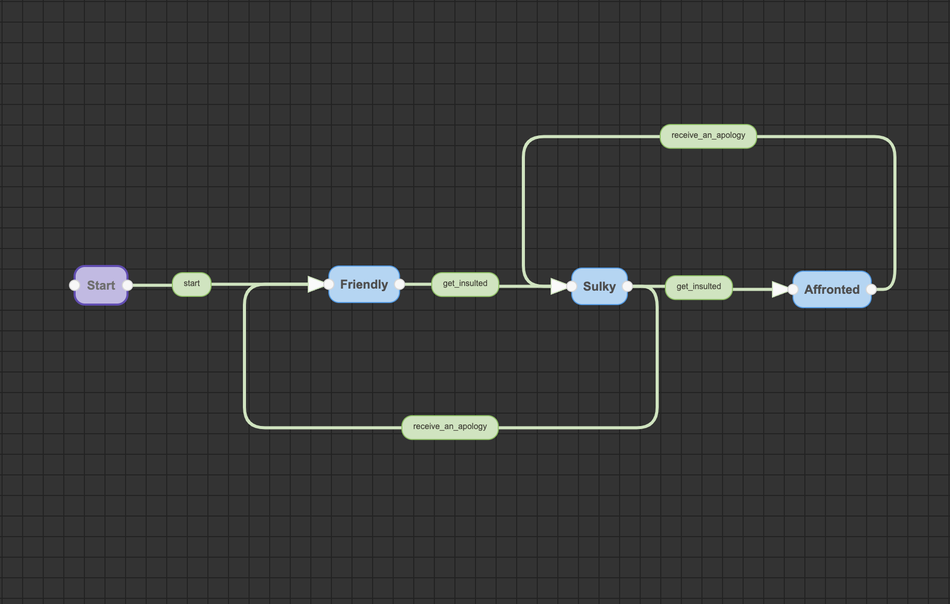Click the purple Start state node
click(x=101, y=286)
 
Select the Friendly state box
click(x=364, y=285)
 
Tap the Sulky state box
click(x=600, y=287)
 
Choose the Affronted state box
click(x=832, y=290)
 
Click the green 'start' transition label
click(x=191, y=284)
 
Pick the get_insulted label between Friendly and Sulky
click(x=465, y=284)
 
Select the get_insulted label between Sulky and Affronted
click(x=698, y=287)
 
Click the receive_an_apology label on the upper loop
click(x=708, y=136)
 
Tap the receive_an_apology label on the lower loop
click(x=450, y=427)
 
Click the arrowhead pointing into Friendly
click(x=315, y=285)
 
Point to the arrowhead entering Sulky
click(x=558, y=287)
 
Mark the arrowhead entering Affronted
click(x=780, y=290)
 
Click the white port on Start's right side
click(x=128, y=286)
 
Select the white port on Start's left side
click(x=75, y=286)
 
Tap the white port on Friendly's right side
click(x=400, y=285)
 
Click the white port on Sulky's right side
click(x=628, y=287)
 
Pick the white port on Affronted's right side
click(x=871, y=290)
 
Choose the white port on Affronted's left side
click(x=793, y=290)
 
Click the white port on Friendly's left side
click(x=329, y=285)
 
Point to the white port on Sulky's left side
click(x=572, y=287)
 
